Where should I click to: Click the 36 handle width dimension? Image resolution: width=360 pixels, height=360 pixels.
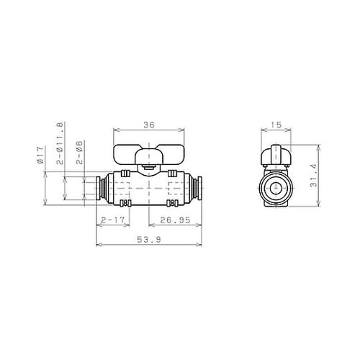pos(148,125)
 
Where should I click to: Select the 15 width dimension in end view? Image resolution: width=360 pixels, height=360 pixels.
pos(276,125)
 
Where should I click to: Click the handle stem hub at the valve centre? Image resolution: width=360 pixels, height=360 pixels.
pos(148,170)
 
